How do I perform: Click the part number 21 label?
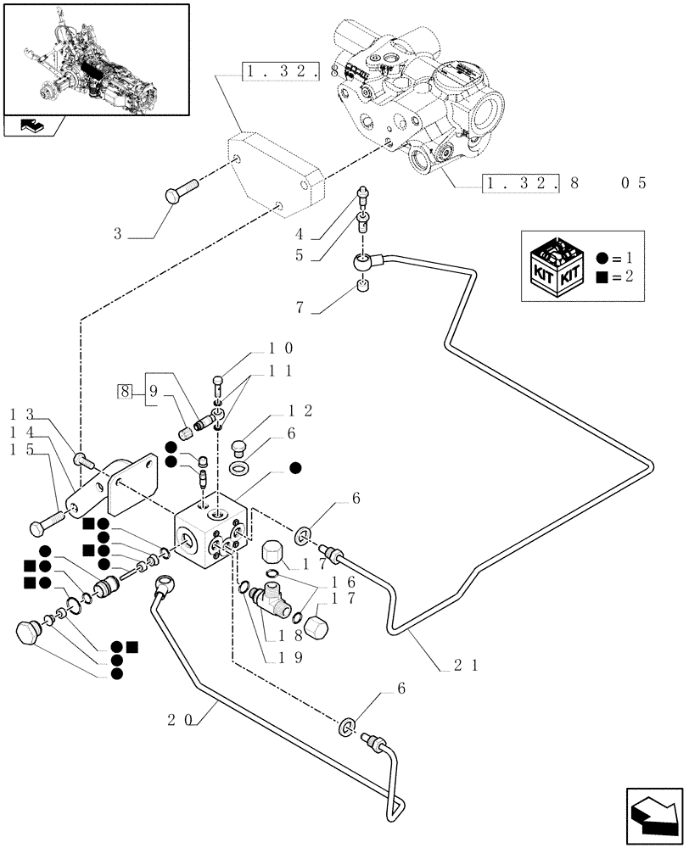pos(463,666)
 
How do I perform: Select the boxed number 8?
pos(125,391)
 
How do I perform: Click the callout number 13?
pos(22,414)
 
